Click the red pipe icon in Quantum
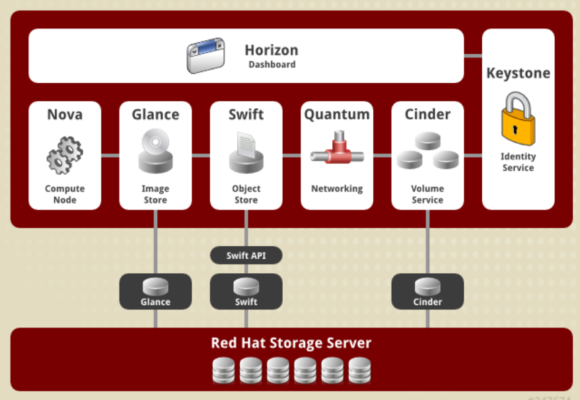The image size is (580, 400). [337, 153]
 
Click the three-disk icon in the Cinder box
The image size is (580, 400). [427, 151]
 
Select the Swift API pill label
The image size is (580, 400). [246, 255]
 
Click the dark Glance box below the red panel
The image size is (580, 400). [155, 291]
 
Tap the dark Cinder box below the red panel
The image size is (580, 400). [427, 291]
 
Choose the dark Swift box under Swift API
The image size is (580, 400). [246, 291]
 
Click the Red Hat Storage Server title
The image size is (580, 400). [291, 343]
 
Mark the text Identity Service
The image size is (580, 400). [518, 162]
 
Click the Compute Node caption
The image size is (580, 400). [65, 194]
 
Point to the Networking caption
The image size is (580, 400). [337, 189]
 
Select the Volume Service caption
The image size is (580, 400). [427, 194]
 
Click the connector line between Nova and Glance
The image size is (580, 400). [110, 156]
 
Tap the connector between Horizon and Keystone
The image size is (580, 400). [473, 55]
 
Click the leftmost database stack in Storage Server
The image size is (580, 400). [223, 370]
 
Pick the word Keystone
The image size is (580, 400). [518, 73]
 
